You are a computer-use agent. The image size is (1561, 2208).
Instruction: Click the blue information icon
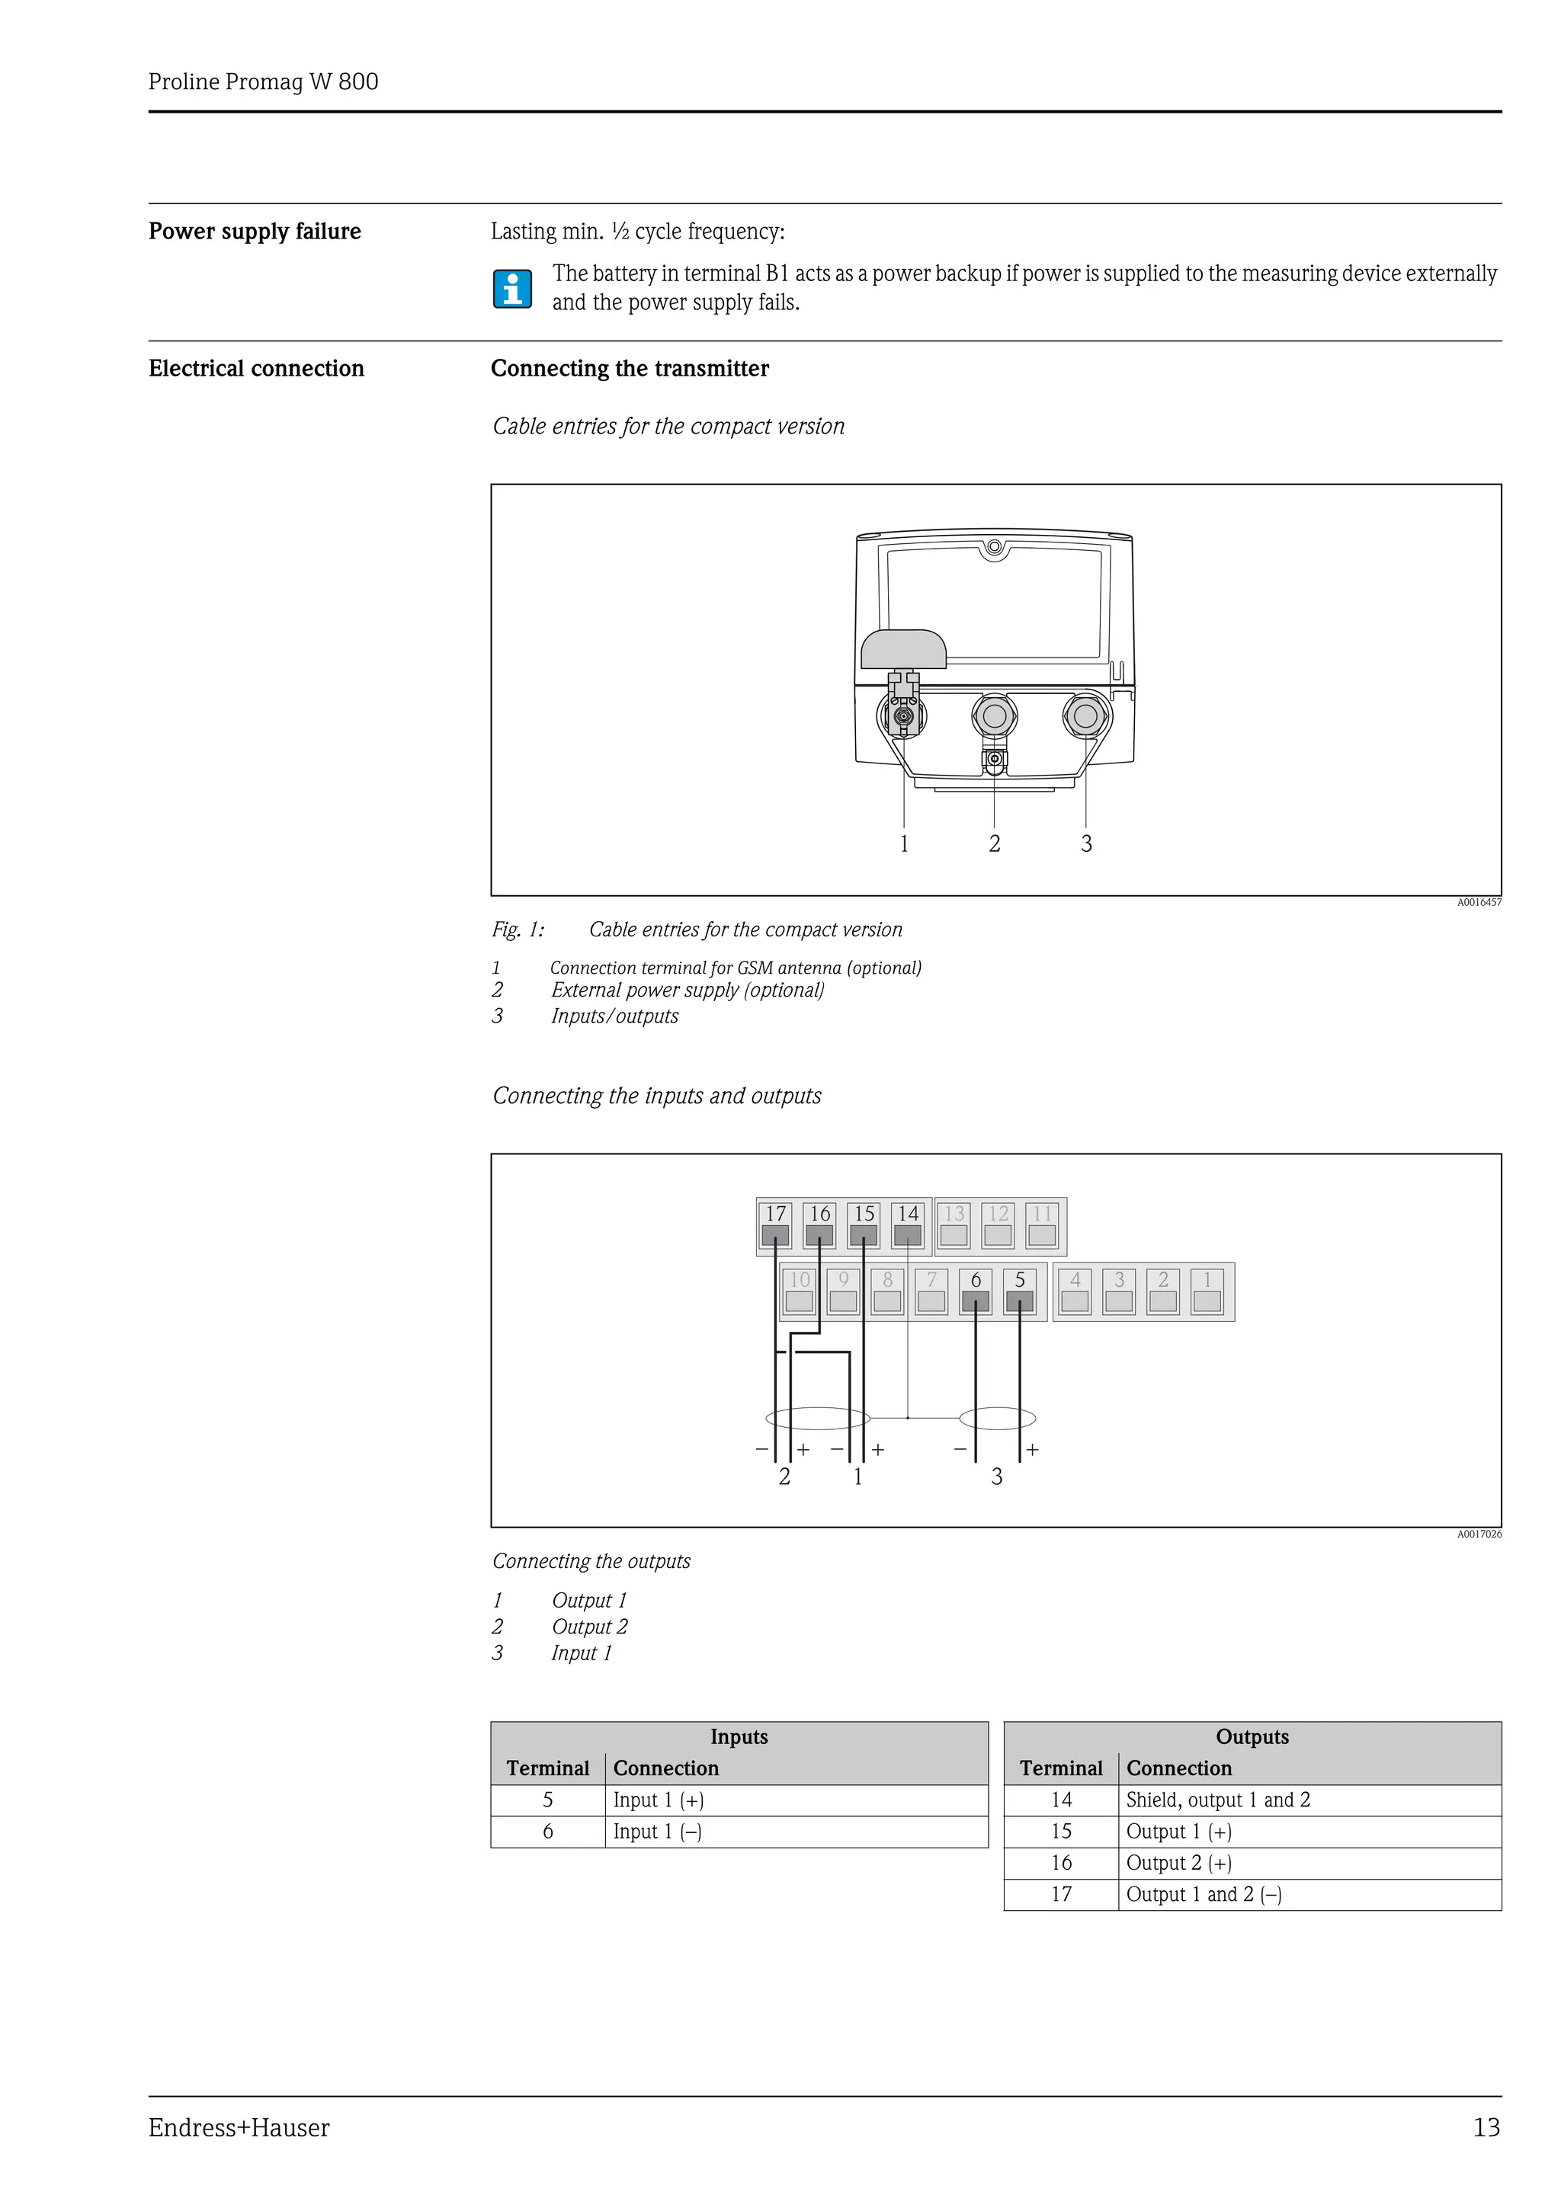(513, 289)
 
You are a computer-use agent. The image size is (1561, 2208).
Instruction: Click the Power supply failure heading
(255, 232)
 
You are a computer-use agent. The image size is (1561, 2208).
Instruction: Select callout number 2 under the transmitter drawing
(995, 843)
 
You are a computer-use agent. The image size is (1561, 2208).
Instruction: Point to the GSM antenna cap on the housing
(903, 649)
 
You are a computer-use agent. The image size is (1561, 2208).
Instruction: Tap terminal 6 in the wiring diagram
(976, 1291)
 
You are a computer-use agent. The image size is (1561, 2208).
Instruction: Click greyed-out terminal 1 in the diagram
(1207, 1291)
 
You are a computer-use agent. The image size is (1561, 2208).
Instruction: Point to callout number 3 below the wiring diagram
(996, 1476)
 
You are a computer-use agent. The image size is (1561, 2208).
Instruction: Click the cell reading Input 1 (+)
(659, 1800)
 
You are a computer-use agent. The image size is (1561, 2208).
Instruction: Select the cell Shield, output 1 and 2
(1218, 1800)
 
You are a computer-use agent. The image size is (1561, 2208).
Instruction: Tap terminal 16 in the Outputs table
(1061, 1863)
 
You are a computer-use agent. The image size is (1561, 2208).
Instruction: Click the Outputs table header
(1252, 1737)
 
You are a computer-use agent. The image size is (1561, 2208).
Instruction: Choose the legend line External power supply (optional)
(687, 990)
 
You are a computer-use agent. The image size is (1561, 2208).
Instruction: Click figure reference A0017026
(1478, 1534)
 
